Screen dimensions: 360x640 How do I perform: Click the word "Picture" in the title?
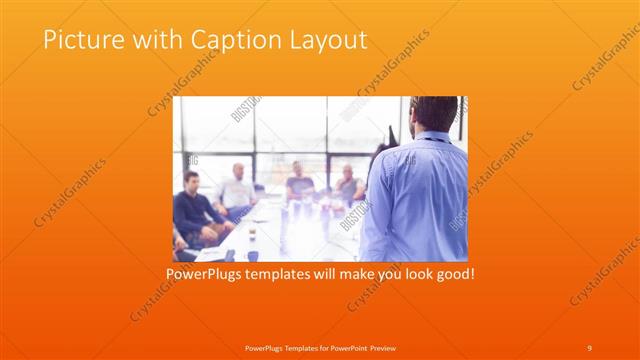79,40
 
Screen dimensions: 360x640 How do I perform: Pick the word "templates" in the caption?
286,271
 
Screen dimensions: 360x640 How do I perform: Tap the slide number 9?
589,347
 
